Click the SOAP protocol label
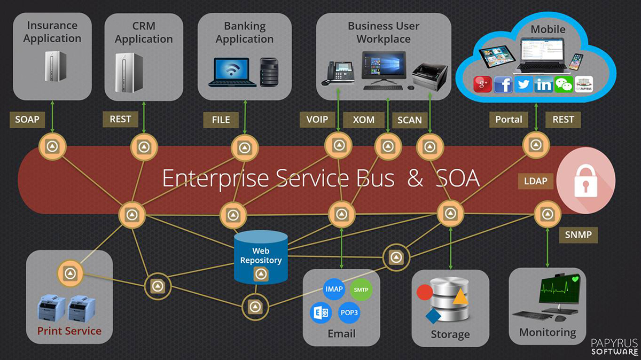27,120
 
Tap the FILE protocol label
221,120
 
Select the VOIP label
317,120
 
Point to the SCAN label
410,120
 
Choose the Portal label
509,120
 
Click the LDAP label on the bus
535,181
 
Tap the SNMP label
578,234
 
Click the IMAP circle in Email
334,289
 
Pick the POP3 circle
349,312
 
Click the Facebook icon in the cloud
503,84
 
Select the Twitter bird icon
523,84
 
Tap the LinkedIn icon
544,84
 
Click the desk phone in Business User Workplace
338,74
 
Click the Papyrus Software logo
614,346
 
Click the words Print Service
69,331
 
